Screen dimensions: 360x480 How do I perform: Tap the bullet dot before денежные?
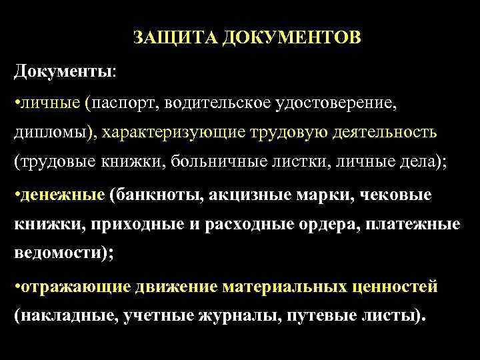tap(17, 195)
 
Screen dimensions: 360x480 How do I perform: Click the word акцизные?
tap(250, 195)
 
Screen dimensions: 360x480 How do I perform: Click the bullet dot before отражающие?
tap(17, 287)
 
